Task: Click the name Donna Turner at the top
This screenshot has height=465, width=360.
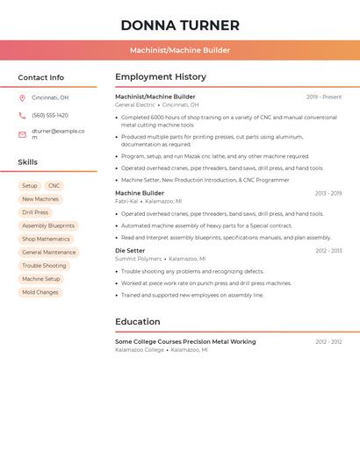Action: [180, 25]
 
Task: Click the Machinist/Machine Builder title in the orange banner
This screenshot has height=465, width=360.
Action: [180, 50]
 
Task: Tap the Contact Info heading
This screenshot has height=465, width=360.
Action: [41, 77]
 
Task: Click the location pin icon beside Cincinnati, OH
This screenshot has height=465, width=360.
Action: [22, 98]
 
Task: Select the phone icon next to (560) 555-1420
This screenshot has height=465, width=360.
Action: [22, 116]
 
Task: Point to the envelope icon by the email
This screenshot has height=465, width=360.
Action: [22, 134]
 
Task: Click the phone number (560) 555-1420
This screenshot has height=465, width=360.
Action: [50, 116]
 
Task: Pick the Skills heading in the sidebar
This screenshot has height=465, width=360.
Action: [28, 162]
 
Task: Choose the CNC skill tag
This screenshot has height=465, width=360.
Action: [54, 186]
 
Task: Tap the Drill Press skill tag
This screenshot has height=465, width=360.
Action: [35, 212]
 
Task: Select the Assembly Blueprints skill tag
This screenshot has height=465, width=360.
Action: [48, 225]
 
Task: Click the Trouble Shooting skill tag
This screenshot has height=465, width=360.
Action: [44, 266]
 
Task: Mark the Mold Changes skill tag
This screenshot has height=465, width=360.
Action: [40, 292]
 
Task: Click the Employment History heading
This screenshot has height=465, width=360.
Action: [161, 77]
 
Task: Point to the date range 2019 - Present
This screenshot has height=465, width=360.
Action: [324, 97]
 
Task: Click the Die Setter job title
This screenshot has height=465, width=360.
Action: [130, 251]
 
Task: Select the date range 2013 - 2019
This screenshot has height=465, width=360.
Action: [328, 193]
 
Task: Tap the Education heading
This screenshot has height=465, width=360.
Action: [138, 322]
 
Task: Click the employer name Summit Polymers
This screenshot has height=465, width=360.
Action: [139, 259]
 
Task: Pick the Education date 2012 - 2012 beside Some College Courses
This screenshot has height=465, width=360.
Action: [328, 341]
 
